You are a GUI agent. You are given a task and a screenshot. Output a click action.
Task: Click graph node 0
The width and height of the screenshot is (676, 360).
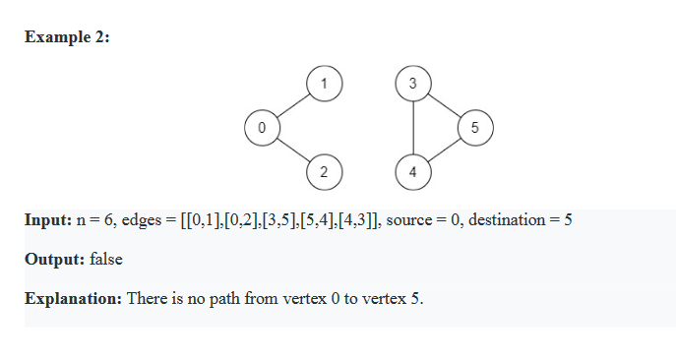261,128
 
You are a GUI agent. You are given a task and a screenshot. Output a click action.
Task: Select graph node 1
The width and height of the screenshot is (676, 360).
324,84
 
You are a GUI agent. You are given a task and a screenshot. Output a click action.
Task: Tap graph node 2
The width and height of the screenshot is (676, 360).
324,172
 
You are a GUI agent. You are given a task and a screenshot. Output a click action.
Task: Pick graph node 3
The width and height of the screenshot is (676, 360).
412,84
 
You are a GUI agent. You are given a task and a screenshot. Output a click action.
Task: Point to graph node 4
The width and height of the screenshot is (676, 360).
412,172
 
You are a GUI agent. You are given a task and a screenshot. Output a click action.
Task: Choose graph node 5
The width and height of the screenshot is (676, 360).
474,128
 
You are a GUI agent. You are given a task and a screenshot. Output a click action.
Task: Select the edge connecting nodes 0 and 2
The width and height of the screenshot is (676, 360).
292,150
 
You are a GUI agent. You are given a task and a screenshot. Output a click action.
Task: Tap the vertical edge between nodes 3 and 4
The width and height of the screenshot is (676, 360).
412,128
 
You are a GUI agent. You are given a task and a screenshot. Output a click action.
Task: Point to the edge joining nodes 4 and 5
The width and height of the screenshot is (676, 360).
444,150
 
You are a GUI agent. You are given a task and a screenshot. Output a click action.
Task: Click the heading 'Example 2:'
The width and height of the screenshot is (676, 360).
67,37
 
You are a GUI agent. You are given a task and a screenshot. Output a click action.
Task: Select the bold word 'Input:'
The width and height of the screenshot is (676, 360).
47,219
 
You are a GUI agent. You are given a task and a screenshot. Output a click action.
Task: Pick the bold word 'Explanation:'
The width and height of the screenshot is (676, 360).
74,298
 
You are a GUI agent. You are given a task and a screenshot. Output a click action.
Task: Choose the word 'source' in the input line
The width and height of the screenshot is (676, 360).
408,219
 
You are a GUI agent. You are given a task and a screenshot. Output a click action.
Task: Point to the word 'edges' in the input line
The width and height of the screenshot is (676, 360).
140,219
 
